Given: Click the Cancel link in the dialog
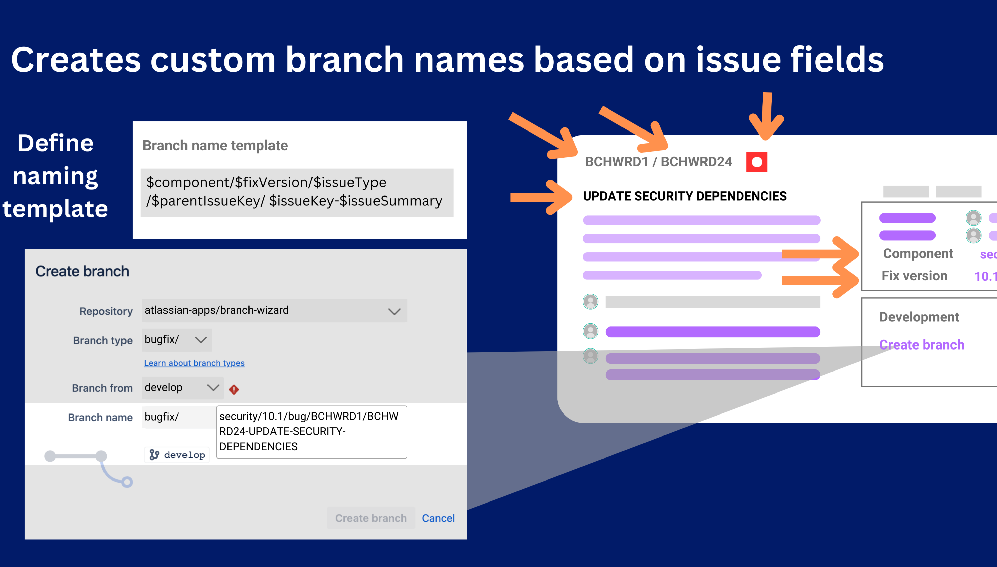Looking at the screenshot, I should (438, 518).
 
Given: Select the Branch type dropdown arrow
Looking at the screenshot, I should (201, 340).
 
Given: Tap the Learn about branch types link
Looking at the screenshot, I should (194, 363).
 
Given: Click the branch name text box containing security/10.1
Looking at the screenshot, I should (311, 431).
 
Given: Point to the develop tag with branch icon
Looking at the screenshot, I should (177, 455).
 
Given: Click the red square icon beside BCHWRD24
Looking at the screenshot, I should (757, 162).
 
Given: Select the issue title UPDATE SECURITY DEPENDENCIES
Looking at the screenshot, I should (684, 196).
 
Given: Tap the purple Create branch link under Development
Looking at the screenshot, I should (921, 345).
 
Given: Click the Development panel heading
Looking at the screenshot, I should (919, 317).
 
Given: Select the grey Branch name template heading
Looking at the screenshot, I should (215, 146).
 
